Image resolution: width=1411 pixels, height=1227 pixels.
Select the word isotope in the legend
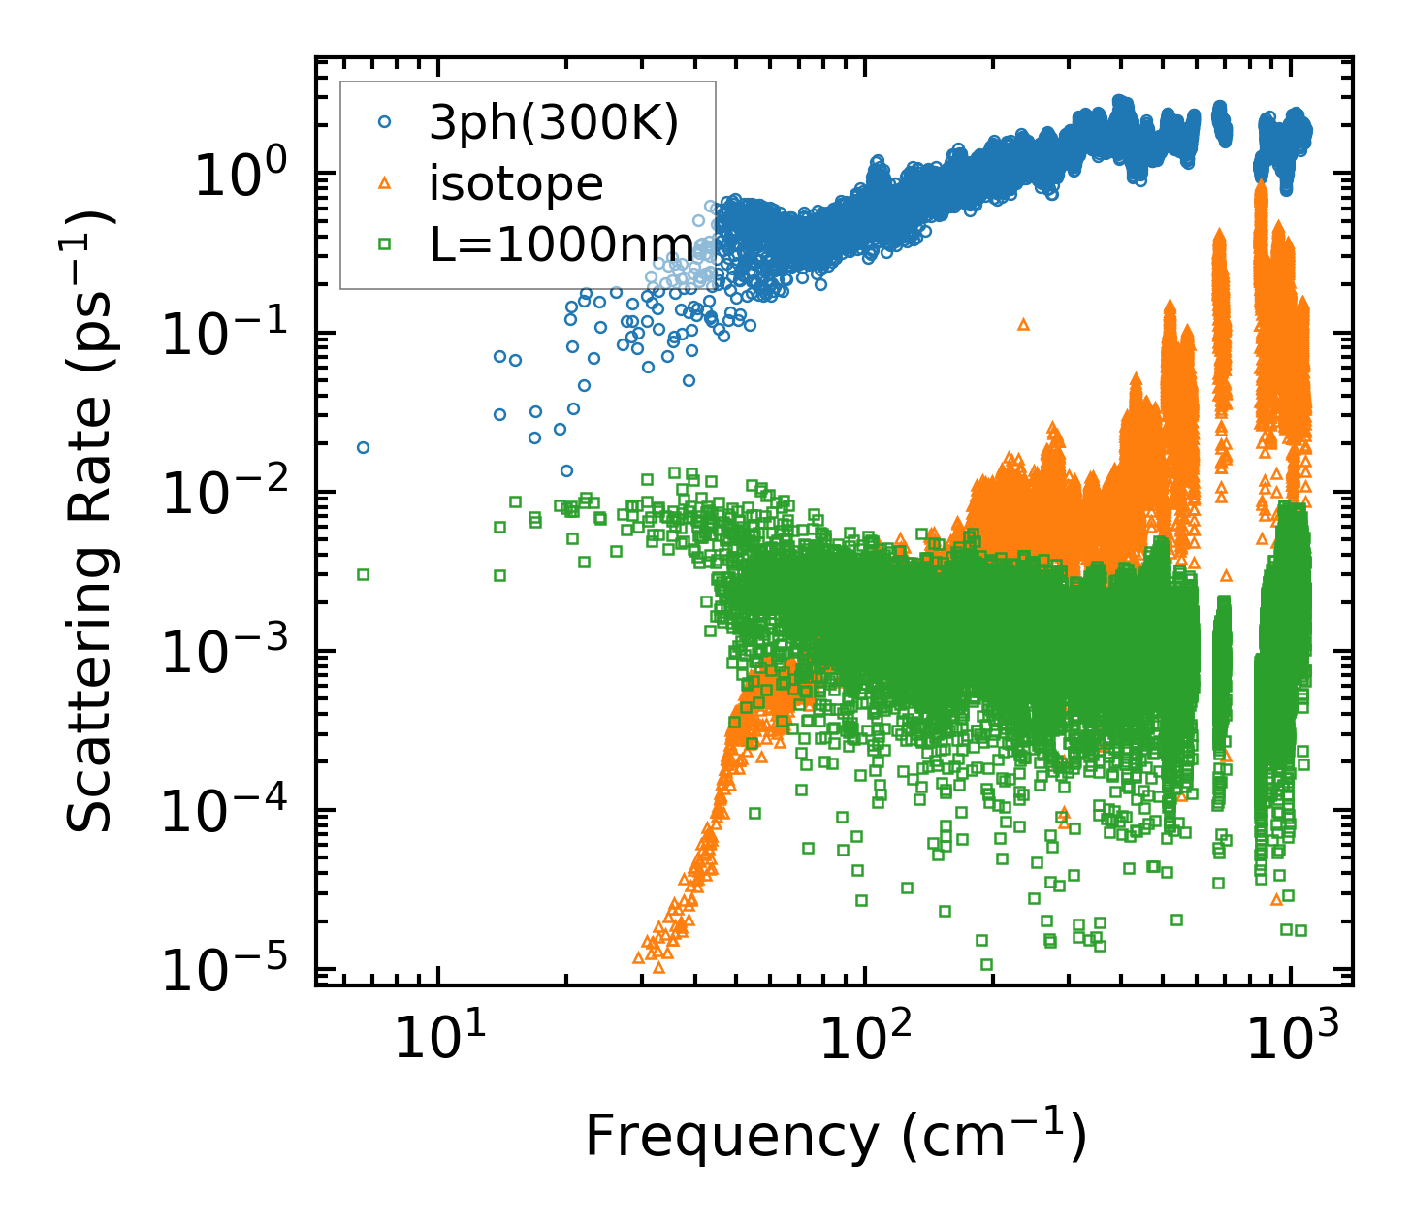pyautogui.click(x=516, y=184)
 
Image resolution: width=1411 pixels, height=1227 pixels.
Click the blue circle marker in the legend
pyautogui.click(x=385, y=123)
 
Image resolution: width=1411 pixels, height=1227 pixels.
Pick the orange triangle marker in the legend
pyautogui.click(x=385, y=183)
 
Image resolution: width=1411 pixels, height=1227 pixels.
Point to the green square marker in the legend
pyautogui.click(x=385, y=244)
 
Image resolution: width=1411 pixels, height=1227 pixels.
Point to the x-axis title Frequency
pyautogui.click(x=834, y=1137)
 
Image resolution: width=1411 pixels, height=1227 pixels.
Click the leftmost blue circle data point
pyautogui.click(x=363, y=447)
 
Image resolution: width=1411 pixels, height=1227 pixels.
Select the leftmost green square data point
pyautogui.click(x=363, y=574)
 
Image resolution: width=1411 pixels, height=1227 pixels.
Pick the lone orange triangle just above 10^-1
pyautogui.click(x=1023, y=324)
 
